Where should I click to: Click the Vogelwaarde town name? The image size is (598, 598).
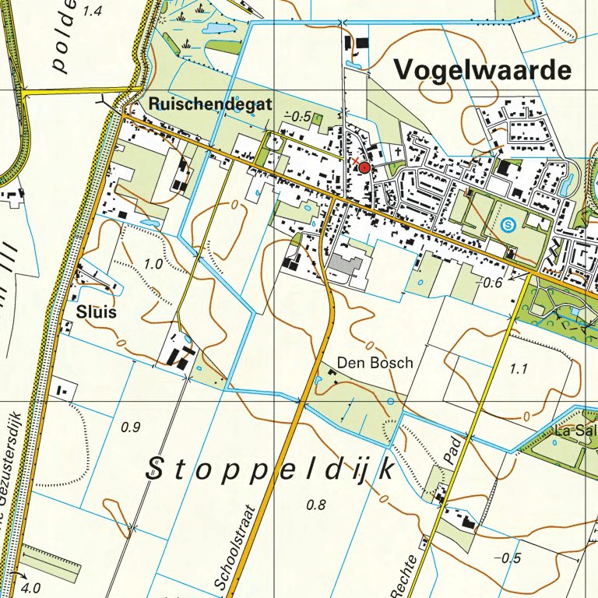point(483,70)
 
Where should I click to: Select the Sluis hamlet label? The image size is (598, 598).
point(97,312)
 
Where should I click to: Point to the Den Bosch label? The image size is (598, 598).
point(375,362)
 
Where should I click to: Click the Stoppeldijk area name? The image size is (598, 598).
point(269,469)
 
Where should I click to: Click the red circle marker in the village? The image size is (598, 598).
point(364,167)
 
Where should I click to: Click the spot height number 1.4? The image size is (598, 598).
point(92,11)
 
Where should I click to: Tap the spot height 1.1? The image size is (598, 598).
point(519,369)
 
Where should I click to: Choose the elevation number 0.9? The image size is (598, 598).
point(131,426)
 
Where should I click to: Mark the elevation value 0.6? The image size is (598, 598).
point(492,283)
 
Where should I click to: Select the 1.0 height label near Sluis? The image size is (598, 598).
point(153,264)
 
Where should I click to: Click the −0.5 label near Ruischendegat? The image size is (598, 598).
point(297,117)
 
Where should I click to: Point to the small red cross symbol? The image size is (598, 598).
point(355,161)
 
